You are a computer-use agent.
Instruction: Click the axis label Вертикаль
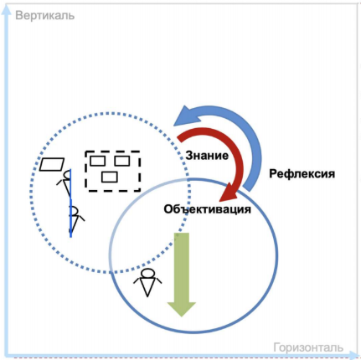[x=45, y=16]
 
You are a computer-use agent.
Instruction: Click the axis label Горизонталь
[x=308, y=347]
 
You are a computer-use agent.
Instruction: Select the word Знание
[x=207, y=156]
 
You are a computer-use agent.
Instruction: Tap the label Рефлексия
[x=302, y=174]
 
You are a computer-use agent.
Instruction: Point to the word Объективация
[x=207, y=209]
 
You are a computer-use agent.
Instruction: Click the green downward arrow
[x=182, y=275]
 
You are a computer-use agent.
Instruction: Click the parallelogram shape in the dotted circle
[x=52, y=164]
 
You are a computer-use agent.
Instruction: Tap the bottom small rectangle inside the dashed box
[x=110, y=177]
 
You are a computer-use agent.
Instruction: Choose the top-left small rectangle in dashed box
[x=97, y=161]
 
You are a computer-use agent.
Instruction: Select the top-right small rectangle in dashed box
[x=122, y=161]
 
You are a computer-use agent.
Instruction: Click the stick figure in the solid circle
[x=147, y=282]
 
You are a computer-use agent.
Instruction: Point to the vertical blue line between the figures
[x=70, y=203]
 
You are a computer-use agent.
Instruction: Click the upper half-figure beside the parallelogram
[x=64, y=183]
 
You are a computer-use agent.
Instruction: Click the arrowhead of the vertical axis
[x=6, y=11]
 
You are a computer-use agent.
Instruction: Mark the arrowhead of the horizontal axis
[x=353, y=356]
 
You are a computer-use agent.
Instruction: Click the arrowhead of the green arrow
[x=182, y=310]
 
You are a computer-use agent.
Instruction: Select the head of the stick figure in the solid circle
[x=147, y=273]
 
